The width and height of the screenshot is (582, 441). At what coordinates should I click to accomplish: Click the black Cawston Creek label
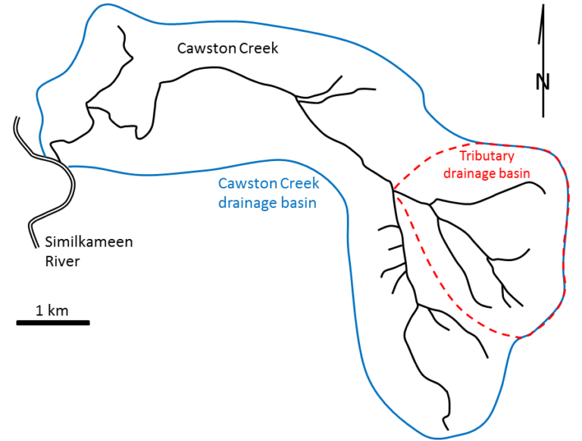point(227,48)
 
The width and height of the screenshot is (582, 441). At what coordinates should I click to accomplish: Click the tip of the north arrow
point(543,6)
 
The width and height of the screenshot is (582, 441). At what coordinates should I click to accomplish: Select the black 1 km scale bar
point(53,323)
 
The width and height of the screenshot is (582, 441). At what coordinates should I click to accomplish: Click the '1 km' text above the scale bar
point(52,310)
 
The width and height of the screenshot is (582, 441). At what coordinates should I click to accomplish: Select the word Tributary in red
point(487,157)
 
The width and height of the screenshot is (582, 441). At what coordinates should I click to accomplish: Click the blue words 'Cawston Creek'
point(268,184)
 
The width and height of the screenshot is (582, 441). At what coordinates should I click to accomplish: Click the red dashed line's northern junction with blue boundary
point(474,142)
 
